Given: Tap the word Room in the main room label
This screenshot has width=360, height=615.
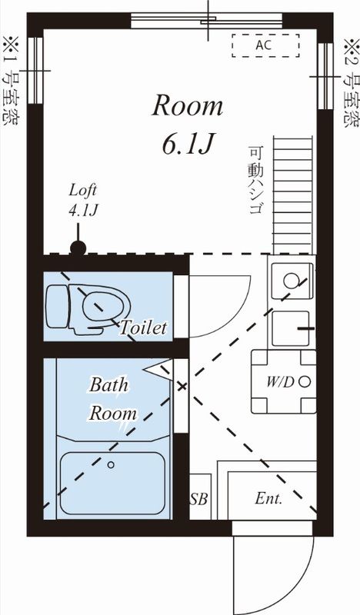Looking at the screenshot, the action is pos(187,106).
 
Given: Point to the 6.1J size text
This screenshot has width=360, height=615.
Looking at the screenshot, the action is pos(187,144).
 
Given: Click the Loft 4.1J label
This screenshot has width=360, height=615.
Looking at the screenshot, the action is pos(83,201).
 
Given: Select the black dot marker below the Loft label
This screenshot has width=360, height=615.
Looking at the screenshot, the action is pos(78,248).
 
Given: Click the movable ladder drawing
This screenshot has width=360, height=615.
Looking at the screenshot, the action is pos(293,194).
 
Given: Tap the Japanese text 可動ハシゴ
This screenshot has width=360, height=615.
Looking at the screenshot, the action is pos(255,180).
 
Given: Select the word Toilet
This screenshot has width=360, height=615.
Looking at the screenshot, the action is pos(143,327).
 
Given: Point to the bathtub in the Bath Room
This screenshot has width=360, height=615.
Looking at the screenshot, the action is pos(112,484).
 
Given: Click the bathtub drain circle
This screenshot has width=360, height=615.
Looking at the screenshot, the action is pos(111,465).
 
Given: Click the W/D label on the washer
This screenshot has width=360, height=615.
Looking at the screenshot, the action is pos(280,381).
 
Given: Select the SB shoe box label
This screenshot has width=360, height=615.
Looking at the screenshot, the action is pos(198,498).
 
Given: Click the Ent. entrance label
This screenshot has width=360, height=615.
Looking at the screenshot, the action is pos(268,498).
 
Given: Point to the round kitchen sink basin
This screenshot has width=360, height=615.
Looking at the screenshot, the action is pos(290,281).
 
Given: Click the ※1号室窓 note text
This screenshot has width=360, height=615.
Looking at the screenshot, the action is pos(12,81).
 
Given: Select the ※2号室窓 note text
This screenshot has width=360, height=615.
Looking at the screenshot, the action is pos(351,82).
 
